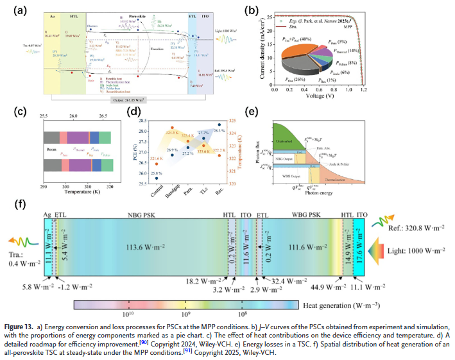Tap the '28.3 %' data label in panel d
pos(219,131)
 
